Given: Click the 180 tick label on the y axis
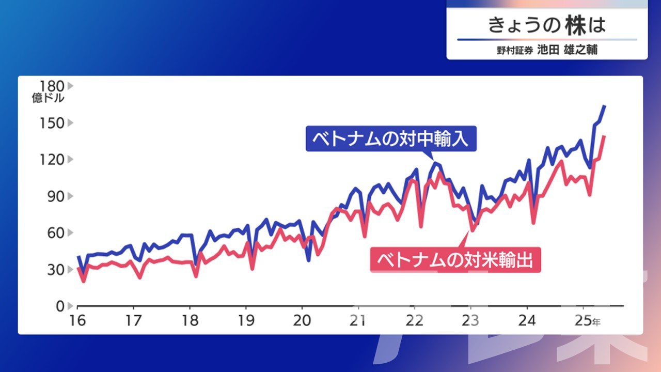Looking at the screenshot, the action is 52,86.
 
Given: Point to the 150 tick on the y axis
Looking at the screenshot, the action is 52,123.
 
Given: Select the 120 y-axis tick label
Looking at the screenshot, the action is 52,160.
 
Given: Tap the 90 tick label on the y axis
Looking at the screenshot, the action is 56,196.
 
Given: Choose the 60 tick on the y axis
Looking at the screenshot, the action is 56,233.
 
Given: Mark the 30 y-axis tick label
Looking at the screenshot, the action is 56,270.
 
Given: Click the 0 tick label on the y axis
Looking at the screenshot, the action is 60,306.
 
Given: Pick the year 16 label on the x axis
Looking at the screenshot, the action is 77,321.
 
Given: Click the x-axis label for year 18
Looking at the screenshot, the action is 190,321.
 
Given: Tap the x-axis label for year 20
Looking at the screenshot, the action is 302,321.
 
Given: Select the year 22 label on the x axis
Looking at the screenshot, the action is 415,321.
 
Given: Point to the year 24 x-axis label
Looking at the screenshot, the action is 527,321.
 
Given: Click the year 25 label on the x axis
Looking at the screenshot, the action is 584,321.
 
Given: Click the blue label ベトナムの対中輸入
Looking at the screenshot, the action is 391,139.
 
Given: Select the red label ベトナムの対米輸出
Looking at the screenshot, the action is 455,260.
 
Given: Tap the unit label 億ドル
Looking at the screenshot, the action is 48,98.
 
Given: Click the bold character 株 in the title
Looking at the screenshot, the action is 576,25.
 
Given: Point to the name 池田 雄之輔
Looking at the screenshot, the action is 567,50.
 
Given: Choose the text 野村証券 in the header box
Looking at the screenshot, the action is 515,51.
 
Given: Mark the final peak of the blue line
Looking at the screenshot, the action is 604,106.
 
